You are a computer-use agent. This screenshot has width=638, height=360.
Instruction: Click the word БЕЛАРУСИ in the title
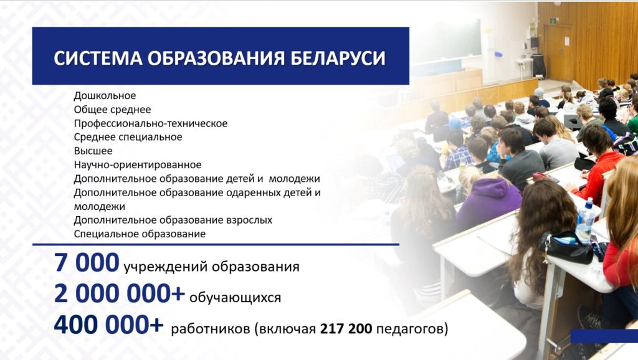(337, 58)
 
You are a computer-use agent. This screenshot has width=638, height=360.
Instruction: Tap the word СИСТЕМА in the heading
(98, 58)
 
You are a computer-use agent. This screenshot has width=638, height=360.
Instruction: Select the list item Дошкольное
(105, 96)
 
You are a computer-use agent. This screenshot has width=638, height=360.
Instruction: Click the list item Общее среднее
(112, 110)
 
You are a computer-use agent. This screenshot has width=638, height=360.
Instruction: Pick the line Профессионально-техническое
(151, 124)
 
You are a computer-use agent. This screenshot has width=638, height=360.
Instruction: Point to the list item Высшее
(93, 151)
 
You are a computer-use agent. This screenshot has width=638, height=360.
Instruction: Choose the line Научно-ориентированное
(138, 165)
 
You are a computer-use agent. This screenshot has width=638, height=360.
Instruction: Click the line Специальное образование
(140, 234)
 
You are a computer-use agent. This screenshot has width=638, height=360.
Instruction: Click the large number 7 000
(87, 262)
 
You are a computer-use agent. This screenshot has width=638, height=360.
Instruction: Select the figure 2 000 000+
(119, 293)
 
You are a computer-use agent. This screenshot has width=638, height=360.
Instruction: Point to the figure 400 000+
(108, 324)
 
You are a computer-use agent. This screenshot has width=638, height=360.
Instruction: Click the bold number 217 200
(346, 328)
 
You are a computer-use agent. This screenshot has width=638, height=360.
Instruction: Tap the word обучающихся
(235, 297)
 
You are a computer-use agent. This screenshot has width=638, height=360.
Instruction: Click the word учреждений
(166, 267)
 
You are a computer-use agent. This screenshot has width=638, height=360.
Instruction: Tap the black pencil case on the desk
(567, 247)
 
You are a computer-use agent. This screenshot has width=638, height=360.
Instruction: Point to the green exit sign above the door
(553, 21)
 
